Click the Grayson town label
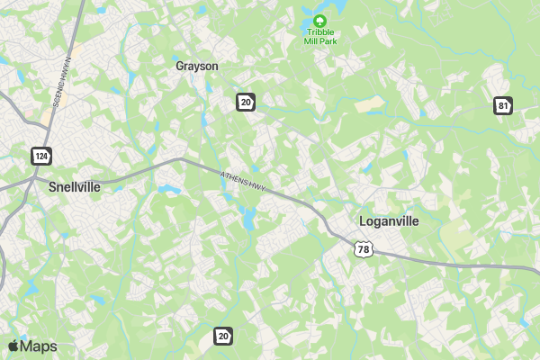click(x=196, y=66)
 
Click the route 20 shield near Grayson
click(x=246, y=101)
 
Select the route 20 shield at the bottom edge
click(x=223, y=336)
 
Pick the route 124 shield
click(x=40, y=156)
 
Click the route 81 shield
click(x=502, y=105)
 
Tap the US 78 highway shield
click(x=362, y=248)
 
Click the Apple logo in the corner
click(x=13, y=346)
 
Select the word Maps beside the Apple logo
click(x=39, y=346)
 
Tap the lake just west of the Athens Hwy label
click(x=167, y=189)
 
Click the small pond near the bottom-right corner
click(x=524, y=321)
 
